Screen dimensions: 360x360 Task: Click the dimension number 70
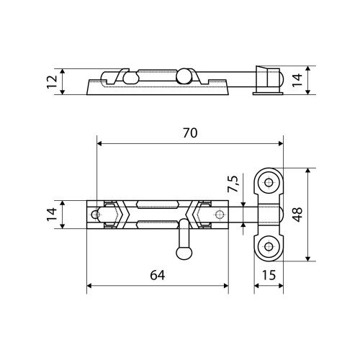click(x=190, y=133)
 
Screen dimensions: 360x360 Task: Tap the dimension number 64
click(x=158, y=275)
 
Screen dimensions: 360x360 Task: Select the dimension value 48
click(x=297, y=215)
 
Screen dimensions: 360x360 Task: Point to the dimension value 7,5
click(x=233, y=184)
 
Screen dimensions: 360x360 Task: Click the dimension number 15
click(x=269, y=275)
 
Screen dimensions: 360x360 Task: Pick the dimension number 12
click(x=52, y=82)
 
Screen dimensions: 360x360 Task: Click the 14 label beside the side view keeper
click(x=297, y=80)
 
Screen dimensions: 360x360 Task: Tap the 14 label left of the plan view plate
click(x=52, y=215)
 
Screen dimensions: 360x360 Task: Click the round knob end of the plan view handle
click(x=184, y=253)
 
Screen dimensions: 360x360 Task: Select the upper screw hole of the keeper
click(x=269, y=183)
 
